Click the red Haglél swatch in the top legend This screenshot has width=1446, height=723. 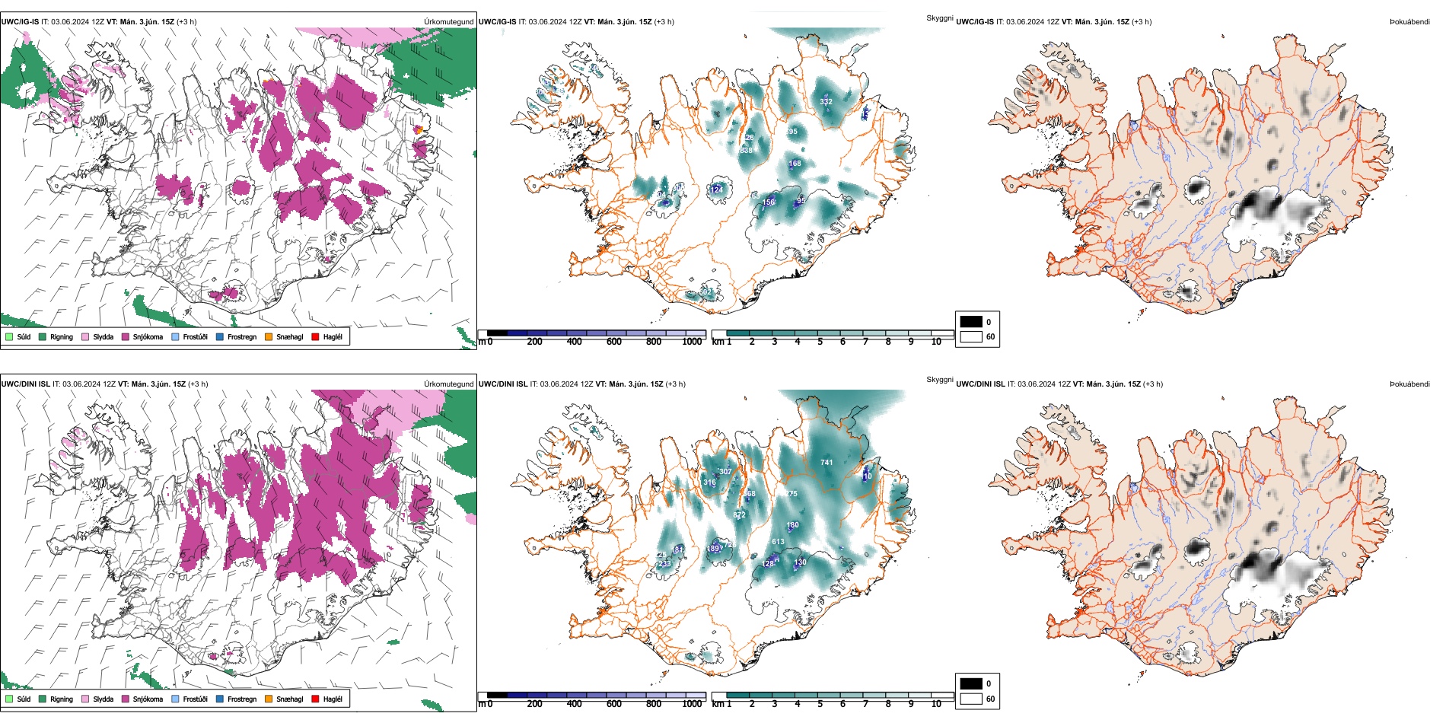pyautogui.click(x=315, y=336)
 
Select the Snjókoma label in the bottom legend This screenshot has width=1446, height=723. pyautogui.click(x=148, y=699)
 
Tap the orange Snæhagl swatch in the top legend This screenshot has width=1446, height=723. pyautogui.click(x=269, y=336)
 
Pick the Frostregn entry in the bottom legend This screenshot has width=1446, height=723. pyautogui.click(x=242, y=699)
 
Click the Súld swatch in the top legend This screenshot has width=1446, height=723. pyautogui.click(x=9, y=336)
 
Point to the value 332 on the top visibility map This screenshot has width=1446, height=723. pyautogui.click(x=826, y=101)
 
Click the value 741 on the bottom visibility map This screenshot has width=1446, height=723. pyautogui.click(x=827, y=462)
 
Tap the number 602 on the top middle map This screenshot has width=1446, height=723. pyautogui.click(x=705, y=291)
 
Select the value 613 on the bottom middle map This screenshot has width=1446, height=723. pyautogui.click(x=778, y=542)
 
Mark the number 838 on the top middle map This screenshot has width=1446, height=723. pyautogui.click(x=746, y=151)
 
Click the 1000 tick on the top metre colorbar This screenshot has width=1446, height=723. pyautogui.click(x=692, y=342)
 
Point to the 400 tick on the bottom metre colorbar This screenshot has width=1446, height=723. pyautogui.click(x=574, y=704)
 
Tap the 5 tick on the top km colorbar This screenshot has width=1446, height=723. pyautogui.click(x=820, y=342)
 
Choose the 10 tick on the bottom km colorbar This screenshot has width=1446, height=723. pyautogui.click(x=936, y=704)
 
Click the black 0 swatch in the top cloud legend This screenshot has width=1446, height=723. pyautogui.click(x=971, y=321)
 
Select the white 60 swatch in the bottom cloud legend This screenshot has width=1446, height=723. pyautogui.click(x=971, y=699)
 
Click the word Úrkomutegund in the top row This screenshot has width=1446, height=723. pyautogui.click(x=448, y=21)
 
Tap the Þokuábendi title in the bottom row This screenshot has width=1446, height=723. pyautogui.click(x=1409, y=384)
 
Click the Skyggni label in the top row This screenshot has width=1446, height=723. pyautogui.click(x=939, y=18)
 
